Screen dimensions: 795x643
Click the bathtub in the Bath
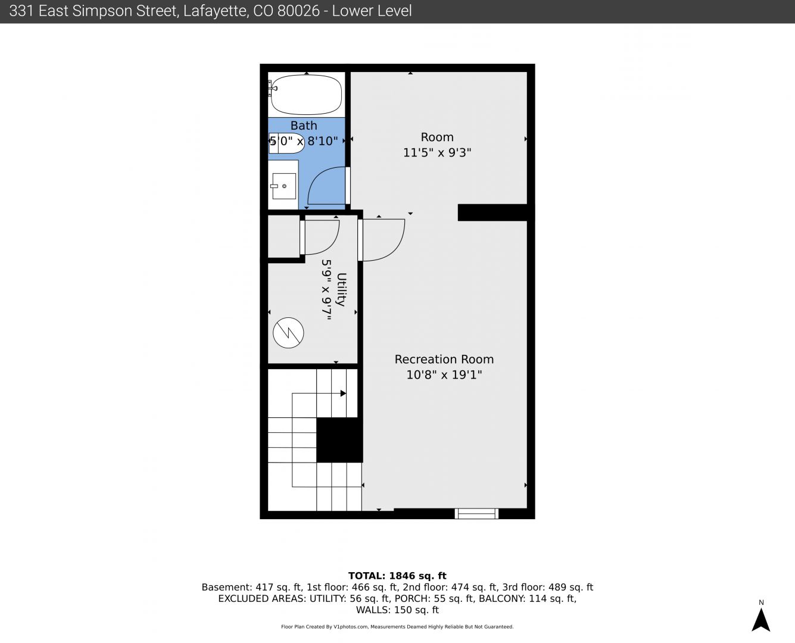pyautogui.click(x=306, y=95)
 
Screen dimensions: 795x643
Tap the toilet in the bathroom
pyautogui.click(x=286, y=143)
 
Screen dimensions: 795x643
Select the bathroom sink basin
pyautogui.click(x=284, y=186)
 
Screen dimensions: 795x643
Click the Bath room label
pyautogui.click(x=304, y=126)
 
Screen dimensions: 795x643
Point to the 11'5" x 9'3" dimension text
pyautogui.click(x=437, y=152)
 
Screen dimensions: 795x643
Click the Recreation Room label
pyautogui.click(x=444, y=360)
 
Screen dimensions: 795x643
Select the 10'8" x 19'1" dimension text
pyautogui.click(x=444, y=374)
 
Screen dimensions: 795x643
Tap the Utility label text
pyautogui.click(x=341, y=289)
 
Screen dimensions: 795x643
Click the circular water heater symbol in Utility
pyautogui.click(x=288, y=333)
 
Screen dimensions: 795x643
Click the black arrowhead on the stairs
pyautogui.click(x=343, y=394)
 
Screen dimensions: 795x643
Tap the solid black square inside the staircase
pyautogui.click(x=339, y=440)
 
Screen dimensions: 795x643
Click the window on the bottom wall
pyautogui.click(x=476, y=513)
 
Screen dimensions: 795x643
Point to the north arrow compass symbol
pyautogui.click(x=760, y=619)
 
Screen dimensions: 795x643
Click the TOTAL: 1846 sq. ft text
pyautogui.click(x=397, y=576)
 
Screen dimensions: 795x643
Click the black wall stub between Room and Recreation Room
pyautogui.click(x=492, y=213)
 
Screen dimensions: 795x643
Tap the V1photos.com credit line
pyautogui.click(x=397, y=627)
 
